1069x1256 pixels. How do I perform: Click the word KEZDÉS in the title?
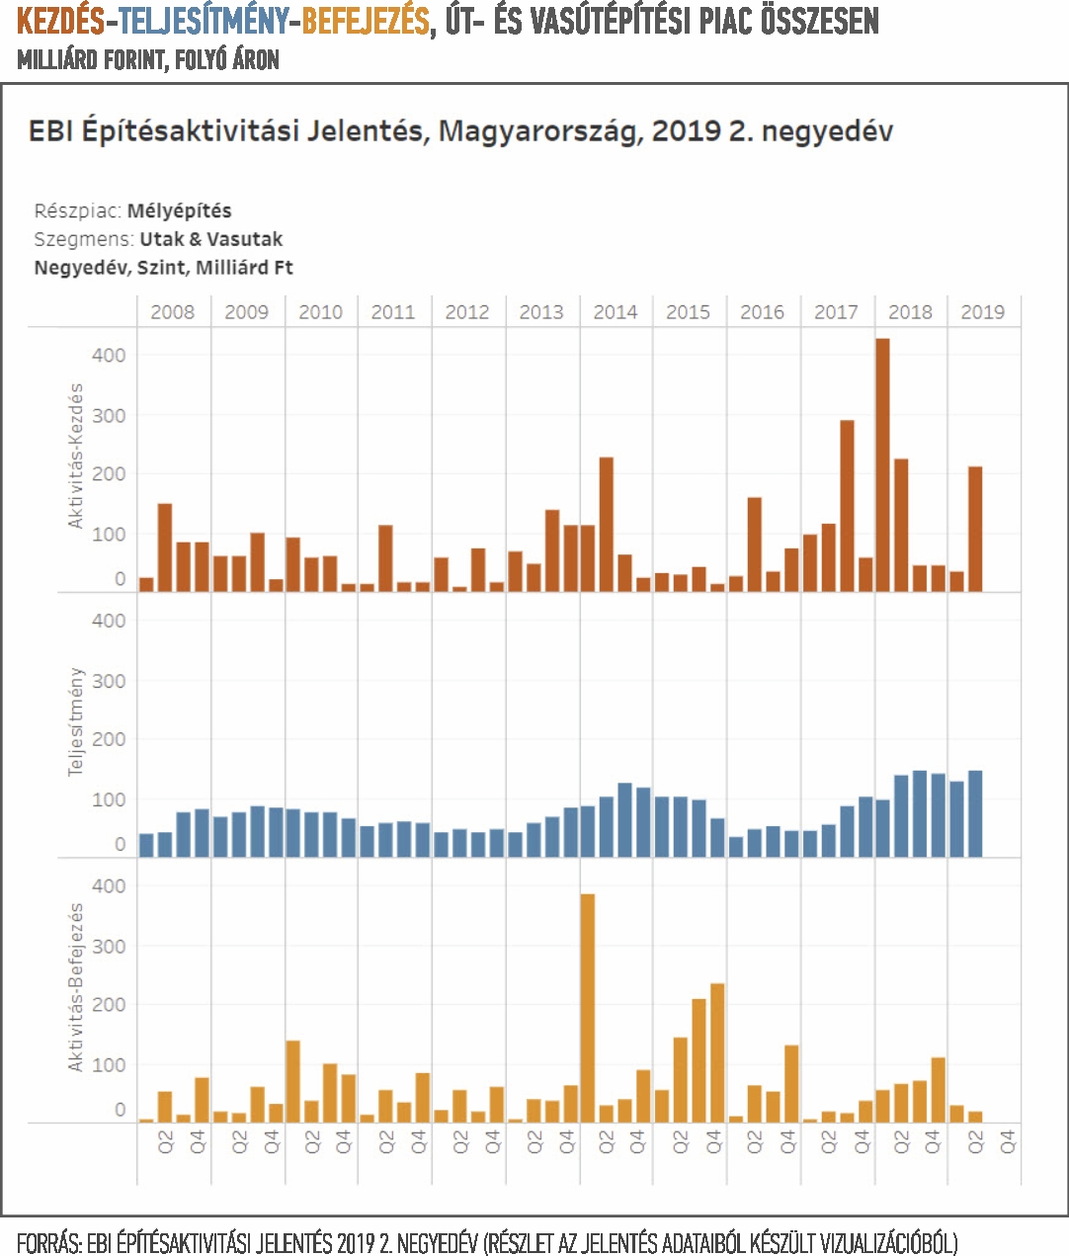click(x=60, y=22)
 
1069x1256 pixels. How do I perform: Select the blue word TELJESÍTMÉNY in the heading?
click(x=204, y=22)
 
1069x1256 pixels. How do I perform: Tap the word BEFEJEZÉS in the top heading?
click(x=366, y=22)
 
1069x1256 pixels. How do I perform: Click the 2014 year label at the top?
click(x=616, y=311)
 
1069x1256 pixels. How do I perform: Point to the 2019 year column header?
click(x=983, y=311)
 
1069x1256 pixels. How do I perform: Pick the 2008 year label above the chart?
click(x=173, y=311)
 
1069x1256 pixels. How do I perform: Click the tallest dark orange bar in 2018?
click(x=882, y=464)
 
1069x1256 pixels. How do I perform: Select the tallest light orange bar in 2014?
click(x=587, y=1008)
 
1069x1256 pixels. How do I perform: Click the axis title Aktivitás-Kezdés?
click(x=75, y=456)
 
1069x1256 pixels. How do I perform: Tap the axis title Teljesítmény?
click(x=75, y=721)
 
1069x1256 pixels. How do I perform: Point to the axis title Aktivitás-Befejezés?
click(x=75, y=987)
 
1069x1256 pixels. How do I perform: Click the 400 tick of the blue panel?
click(x=109, y=621)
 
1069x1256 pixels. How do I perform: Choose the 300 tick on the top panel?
click(x=109, y=416)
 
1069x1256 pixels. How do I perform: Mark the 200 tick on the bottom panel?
click(x=109, y=1004)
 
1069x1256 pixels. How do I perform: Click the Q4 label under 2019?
click(x=1009, y=1141)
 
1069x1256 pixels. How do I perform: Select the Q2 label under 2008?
click(x=166, y=1141)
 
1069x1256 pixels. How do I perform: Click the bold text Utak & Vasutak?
click(x=211, y=239)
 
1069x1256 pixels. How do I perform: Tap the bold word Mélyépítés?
click(x=179, y=210)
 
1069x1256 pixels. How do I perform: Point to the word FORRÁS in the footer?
click(x=48, y=1241)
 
